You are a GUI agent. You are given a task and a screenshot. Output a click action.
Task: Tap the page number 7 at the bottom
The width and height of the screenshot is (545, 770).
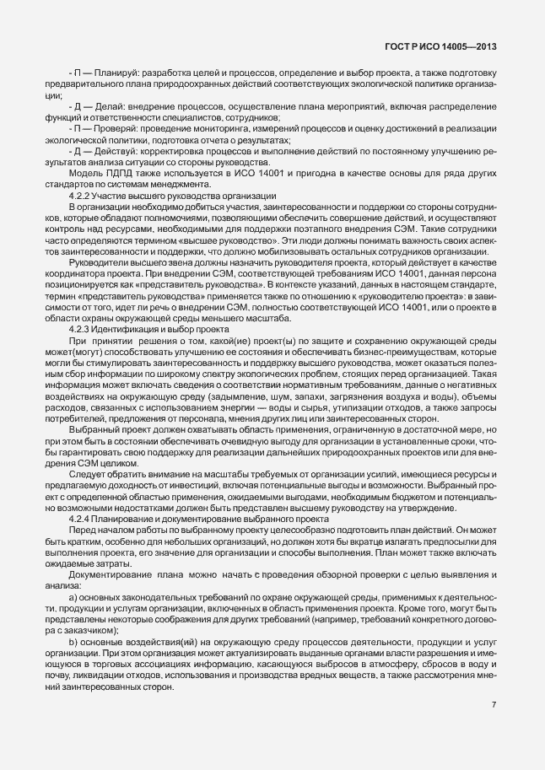[494, 704]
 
